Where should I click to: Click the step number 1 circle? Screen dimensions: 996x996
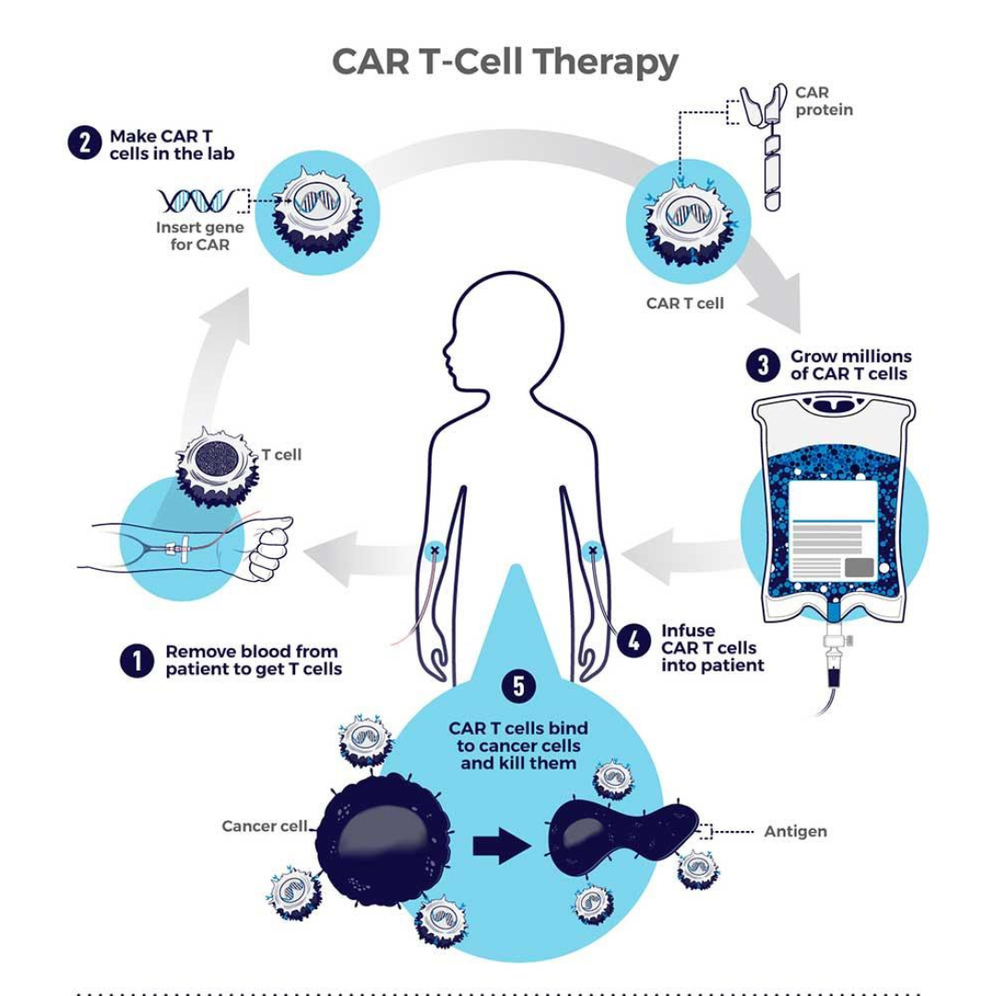point(136,660)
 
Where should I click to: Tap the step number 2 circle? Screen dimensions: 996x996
point(84,144)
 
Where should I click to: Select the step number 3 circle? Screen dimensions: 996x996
point(763,364)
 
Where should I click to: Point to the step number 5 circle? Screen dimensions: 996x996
point(518,687)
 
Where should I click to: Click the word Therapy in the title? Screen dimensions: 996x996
point(606,63)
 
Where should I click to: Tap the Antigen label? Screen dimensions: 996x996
point(795,832)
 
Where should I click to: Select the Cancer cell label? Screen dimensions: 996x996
point(264,826)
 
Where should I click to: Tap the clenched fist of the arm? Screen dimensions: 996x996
point(270,550)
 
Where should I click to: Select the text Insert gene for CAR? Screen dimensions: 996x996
point(200,236)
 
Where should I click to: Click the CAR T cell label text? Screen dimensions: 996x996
point(685,303)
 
